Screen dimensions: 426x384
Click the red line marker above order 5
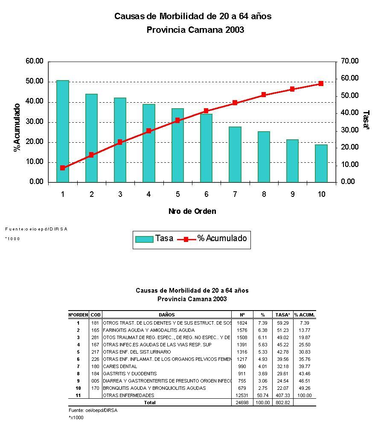177,120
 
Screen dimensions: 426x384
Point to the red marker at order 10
321,83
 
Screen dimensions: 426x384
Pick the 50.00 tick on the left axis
35,81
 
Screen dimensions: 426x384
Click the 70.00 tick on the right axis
349,61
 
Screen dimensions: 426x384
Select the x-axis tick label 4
148,194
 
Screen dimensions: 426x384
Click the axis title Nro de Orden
192,211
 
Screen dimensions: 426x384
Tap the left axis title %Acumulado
17,127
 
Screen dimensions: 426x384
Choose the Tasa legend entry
154,239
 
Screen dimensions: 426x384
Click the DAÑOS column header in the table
167,315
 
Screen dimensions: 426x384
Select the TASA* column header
283,315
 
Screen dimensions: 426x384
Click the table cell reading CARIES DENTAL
120,366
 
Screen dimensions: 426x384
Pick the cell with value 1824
242,323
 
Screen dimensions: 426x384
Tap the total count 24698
242,403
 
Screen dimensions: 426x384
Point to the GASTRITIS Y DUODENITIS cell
128,374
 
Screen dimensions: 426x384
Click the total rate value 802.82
283,403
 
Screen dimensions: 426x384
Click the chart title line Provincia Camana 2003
195,30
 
